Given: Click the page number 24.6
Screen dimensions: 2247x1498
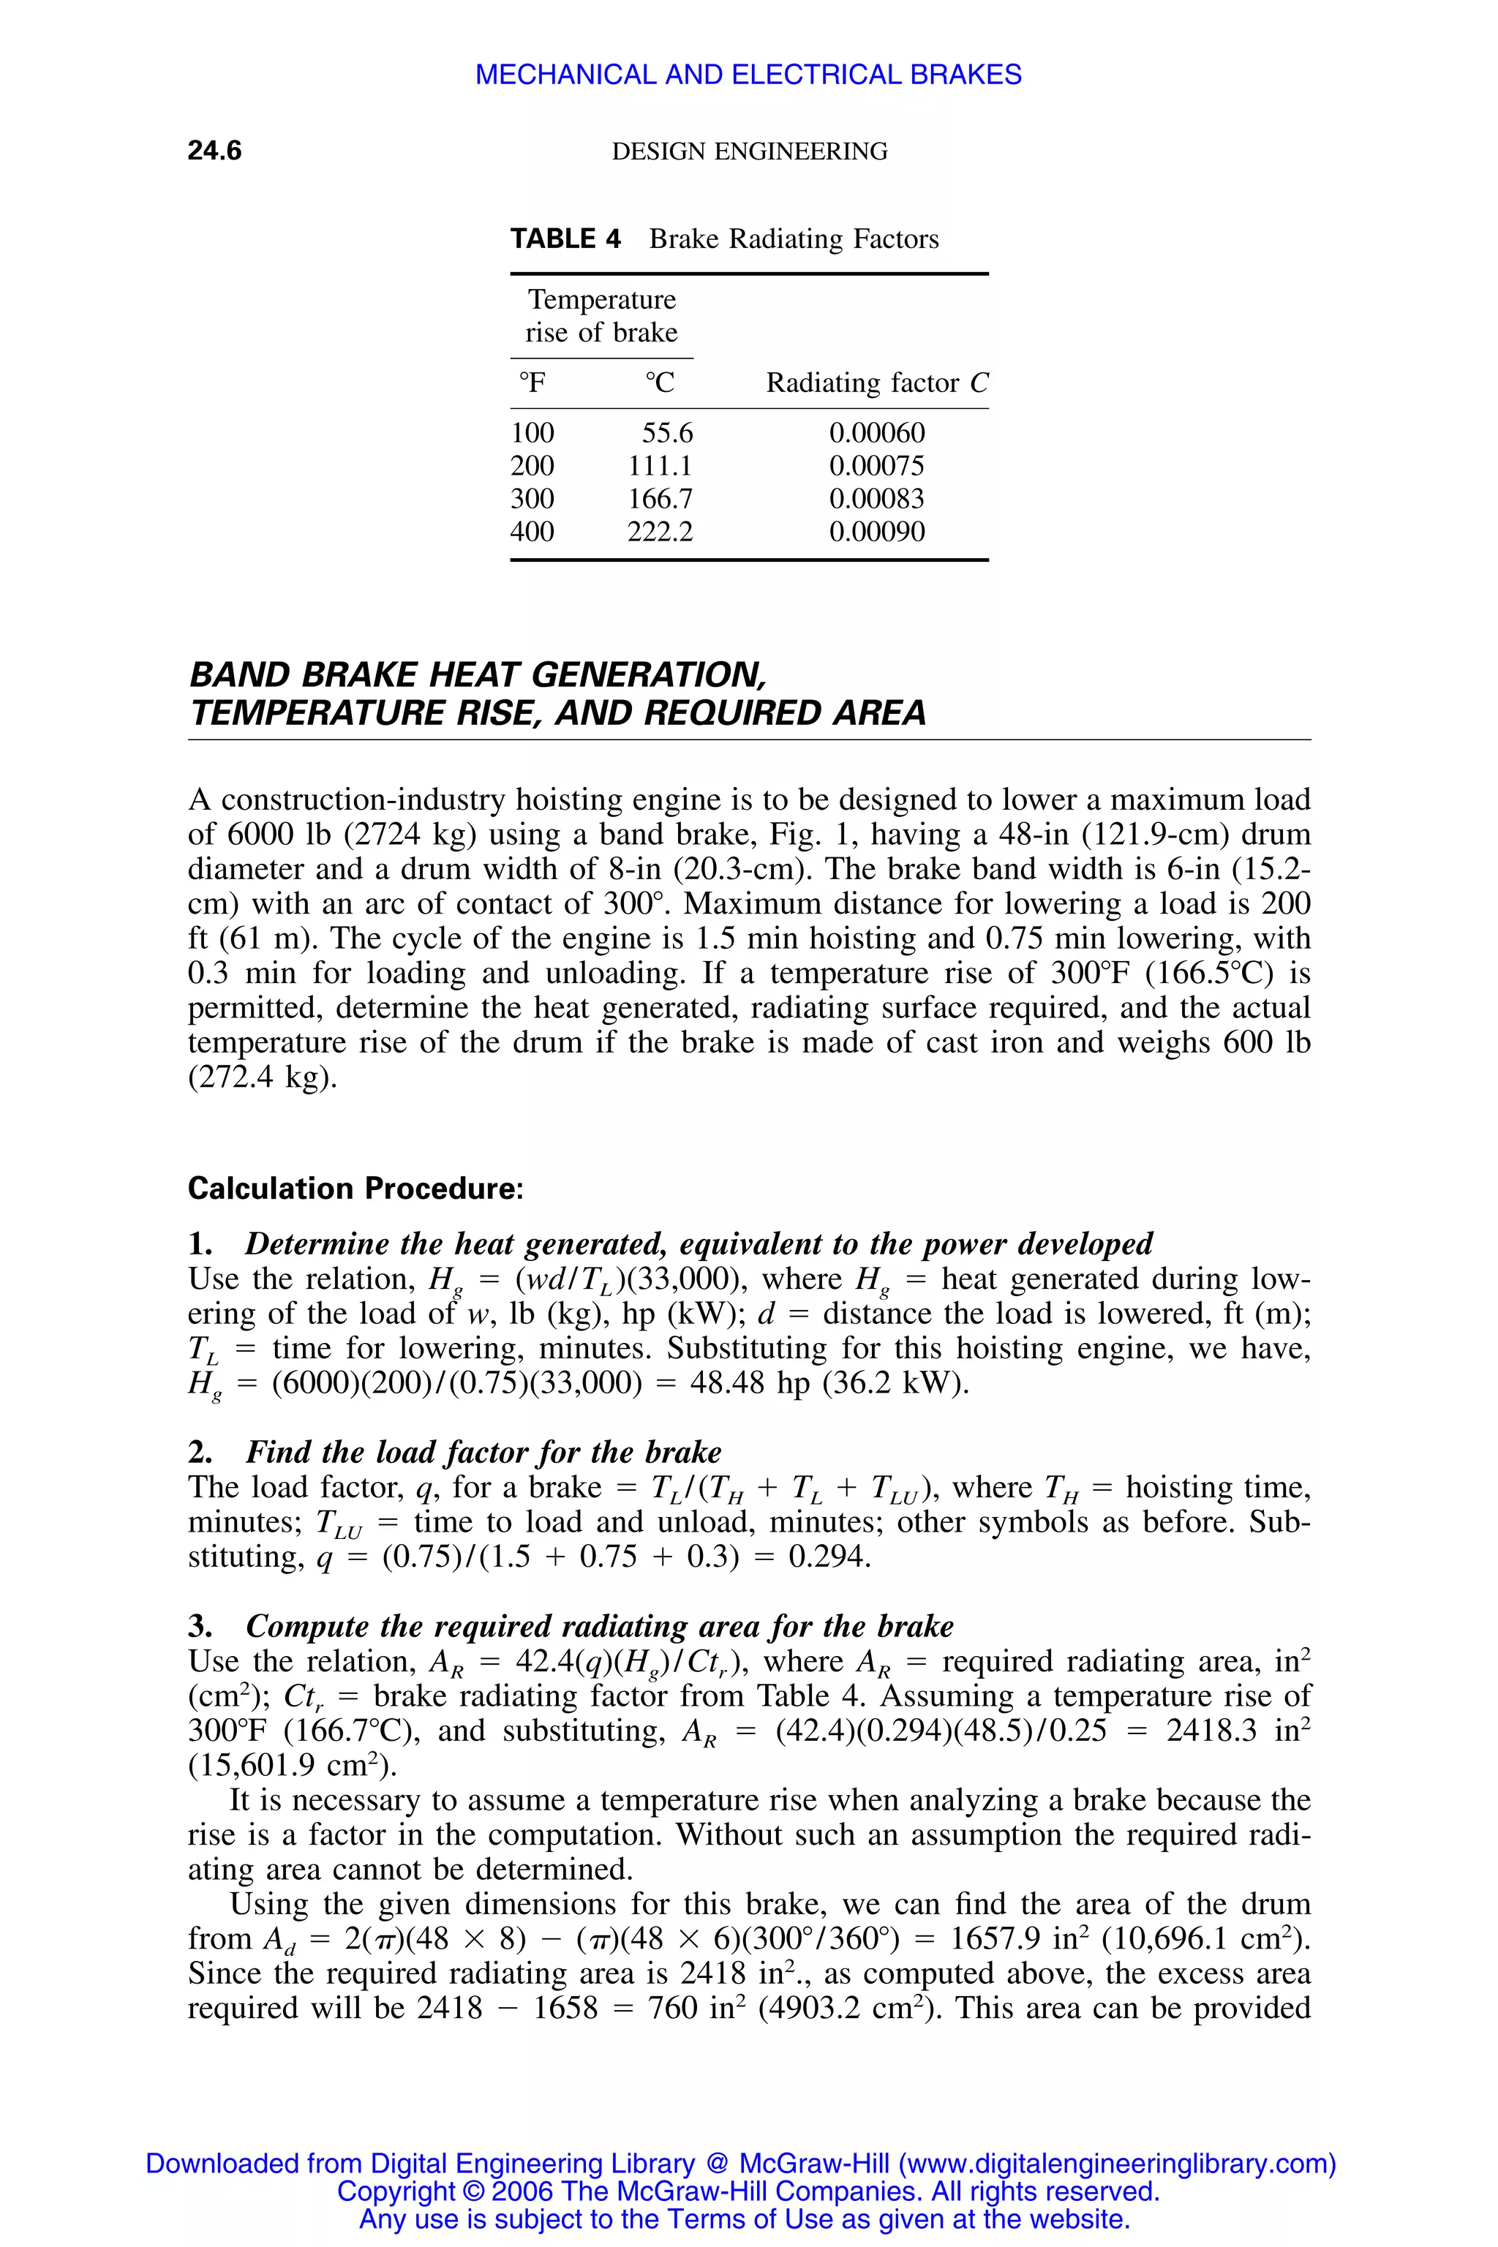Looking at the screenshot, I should pyautogui.click(x=214, y=151).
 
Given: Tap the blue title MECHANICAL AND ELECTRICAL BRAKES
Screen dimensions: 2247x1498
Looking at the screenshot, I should pyautogui.click(x=748, y=75).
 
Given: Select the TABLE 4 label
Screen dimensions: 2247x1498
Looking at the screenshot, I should pyautogui.click(x=565, y=239).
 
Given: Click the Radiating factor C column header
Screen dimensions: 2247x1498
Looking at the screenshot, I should pyautogui.click(x=876, y=383).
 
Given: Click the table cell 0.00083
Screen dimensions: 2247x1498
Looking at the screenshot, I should pyautogui.click(x=876, y=499).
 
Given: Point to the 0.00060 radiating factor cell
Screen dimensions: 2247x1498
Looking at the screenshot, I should pyautogui.click(x=876, y=434).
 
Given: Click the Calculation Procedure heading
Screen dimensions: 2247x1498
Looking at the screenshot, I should pyautogui.click(x=355, y=1189).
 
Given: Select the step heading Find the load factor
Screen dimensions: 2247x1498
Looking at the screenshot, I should pyautogui.click(x=483, y=1452).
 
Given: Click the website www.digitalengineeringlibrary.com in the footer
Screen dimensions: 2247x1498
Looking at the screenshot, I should pyautogui.click(x=1114, y=2164).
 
